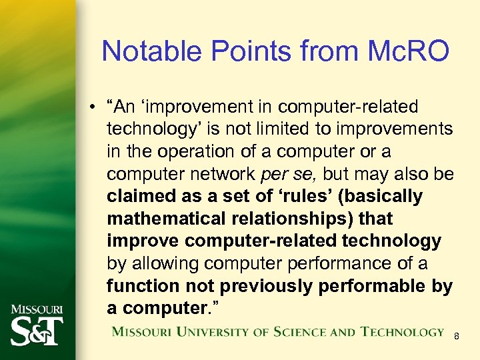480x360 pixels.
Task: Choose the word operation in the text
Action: (201, 151)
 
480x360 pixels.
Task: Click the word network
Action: (219, 174)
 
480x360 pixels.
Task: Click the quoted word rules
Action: (304, 197)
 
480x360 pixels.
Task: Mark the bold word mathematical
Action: (161, 219)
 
